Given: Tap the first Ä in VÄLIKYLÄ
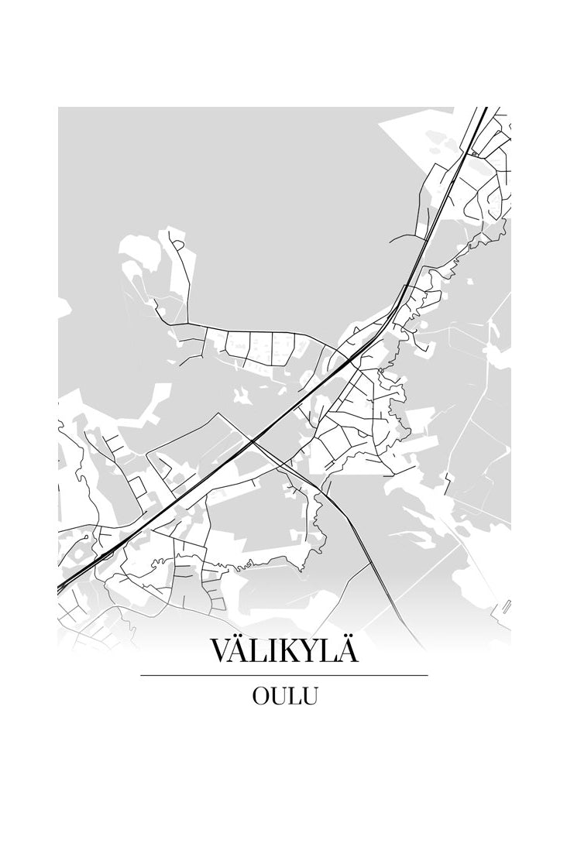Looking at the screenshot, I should point(245,651).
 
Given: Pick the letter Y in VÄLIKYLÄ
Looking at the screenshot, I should point(310,651).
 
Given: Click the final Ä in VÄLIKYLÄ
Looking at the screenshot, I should point(348,651).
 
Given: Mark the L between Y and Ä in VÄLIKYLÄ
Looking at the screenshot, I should point(328,651).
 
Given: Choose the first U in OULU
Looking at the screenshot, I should point(278,696).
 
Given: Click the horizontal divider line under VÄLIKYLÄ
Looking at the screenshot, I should point(283,676).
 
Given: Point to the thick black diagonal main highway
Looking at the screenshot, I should point(232,449).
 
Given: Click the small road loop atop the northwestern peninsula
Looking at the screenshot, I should point(178,245).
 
